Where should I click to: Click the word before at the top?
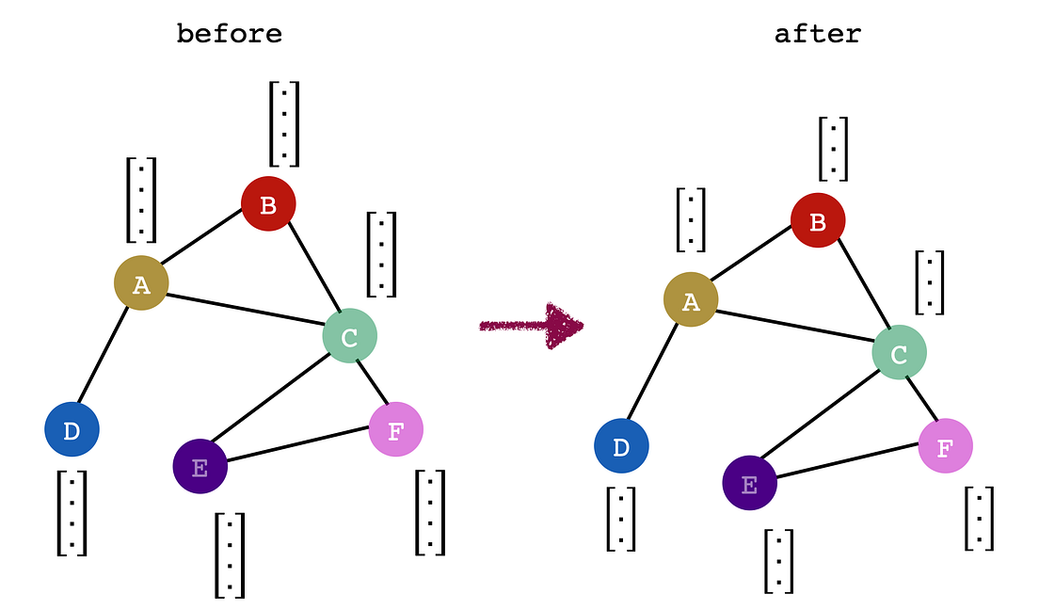[x=229, y=35]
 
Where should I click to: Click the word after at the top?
[x=817, y=35]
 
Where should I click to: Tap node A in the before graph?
[x=141, y=281]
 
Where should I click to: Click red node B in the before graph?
[x=268, y=203]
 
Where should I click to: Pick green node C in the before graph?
[x=349, y=336]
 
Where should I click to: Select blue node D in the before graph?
[x=72, y=429]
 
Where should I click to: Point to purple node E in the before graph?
[x=200, y=465]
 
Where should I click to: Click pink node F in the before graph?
[x=395, y=429]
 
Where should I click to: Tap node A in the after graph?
[x=691, y=299]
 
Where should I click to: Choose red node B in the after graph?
[x=818, y=221]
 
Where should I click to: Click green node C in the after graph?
[x=899, y=353]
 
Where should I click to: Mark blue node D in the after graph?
[x=621, y=446]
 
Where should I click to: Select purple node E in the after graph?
[x=749, y=483]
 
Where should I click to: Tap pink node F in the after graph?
[x=945, y=445]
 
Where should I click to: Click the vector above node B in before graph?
[x=284, y=123]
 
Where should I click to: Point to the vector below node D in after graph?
[x=621, y=519]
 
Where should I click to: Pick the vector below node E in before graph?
[x=230, y=555]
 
